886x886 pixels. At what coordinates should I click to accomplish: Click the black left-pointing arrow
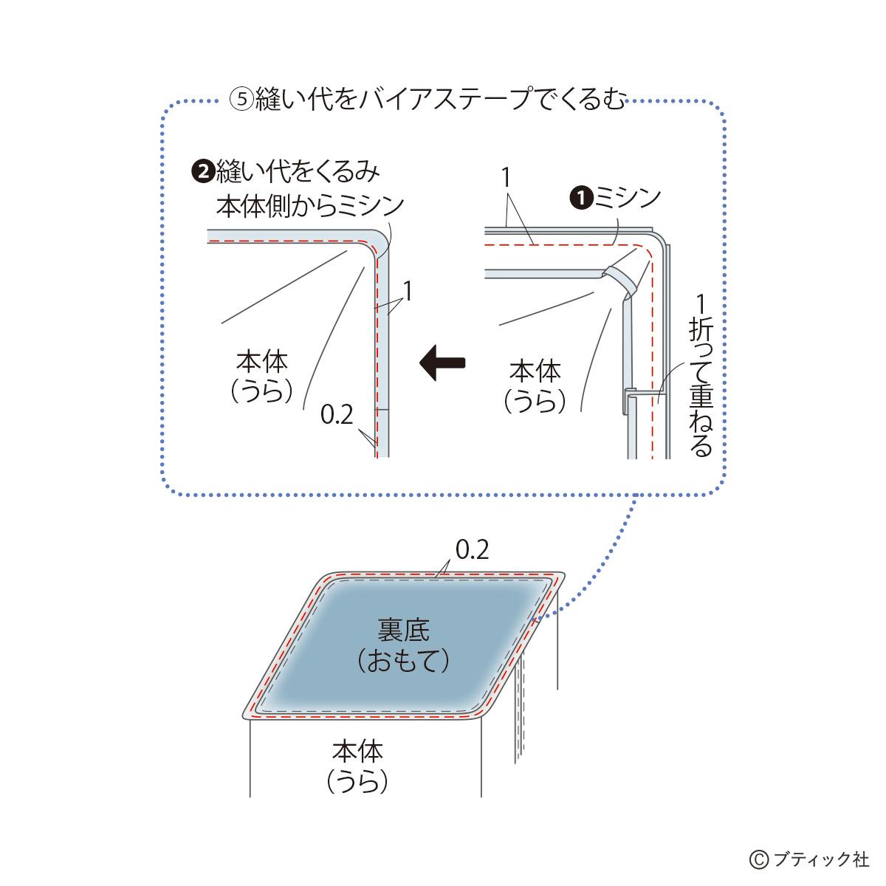pos(442,362)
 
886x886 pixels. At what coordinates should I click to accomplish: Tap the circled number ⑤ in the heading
pos(241,100)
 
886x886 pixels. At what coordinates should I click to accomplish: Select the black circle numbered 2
pos(199,173)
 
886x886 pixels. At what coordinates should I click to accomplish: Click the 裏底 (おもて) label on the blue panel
pos(403,645)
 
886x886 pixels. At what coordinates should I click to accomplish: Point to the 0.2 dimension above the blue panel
pos(472,550)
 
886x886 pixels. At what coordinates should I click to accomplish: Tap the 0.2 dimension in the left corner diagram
pos(337,416)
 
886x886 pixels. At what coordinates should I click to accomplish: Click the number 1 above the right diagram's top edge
pos(506,178)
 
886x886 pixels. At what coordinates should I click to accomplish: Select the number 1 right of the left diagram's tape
pos(407,291)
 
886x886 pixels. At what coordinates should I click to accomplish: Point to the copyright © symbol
pos(758,859)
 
